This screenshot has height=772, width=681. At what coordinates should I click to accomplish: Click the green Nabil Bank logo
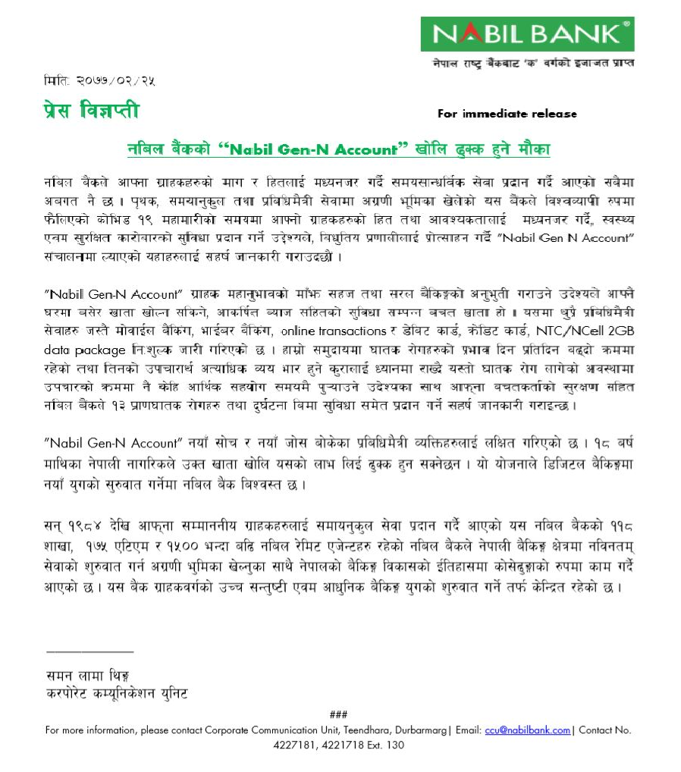click(x=528, y=33)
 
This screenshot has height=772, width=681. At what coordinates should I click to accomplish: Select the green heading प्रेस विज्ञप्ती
click(x=91, y=112)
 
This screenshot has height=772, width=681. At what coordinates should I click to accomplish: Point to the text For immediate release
click(x=507, y=114)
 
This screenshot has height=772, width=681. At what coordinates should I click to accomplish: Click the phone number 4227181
click(x=293, y=745)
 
